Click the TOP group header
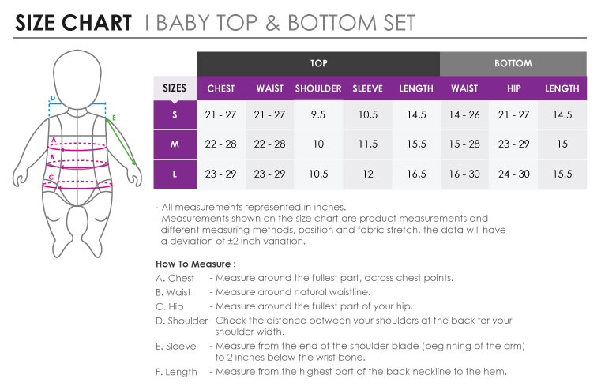click(318, 64)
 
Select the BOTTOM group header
click(513, 64)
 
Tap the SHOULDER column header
click(318, 88)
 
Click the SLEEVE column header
click(367, 88)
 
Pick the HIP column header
click(513, 88)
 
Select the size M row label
click(175, 144)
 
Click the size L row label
click(175, 174)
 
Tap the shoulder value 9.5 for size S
click(318, 114)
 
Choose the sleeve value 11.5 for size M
click(368, 144)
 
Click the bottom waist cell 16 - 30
click(464, 174)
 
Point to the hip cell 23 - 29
click(513, 144)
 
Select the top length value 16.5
click(417, 174)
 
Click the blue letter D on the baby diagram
click(53, 98)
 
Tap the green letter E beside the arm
click(114, 118)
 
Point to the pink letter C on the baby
click(51, 178)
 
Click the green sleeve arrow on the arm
click(121, 141)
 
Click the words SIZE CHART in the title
click(73, 23)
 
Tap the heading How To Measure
click(196, 264)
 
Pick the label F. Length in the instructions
click(176, 372)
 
